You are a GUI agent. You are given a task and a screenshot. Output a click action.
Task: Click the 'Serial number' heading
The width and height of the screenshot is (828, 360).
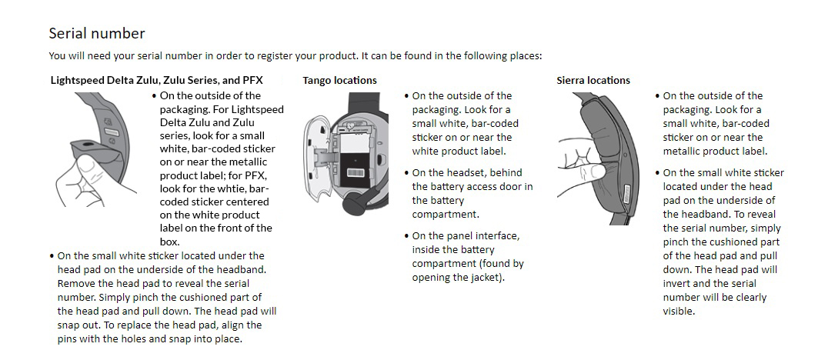point(97,33)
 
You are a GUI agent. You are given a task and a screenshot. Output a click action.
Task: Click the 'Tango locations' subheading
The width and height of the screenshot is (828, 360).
point(339,80)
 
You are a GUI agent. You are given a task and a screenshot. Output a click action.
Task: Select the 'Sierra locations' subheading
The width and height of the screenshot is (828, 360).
point(593,80)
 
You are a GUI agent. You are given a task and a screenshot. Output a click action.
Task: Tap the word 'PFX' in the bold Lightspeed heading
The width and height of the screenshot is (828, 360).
point(252,80)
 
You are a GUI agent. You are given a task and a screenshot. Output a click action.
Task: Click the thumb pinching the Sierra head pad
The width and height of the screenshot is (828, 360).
point(596,171)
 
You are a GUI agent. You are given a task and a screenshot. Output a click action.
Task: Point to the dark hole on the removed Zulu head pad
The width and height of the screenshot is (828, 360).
point(84,144)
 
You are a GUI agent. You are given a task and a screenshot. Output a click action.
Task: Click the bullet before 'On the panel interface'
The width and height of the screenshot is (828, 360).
point(406,236)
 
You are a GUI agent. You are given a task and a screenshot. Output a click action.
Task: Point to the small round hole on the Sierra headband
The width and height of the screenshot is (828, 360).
point(625,155)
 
